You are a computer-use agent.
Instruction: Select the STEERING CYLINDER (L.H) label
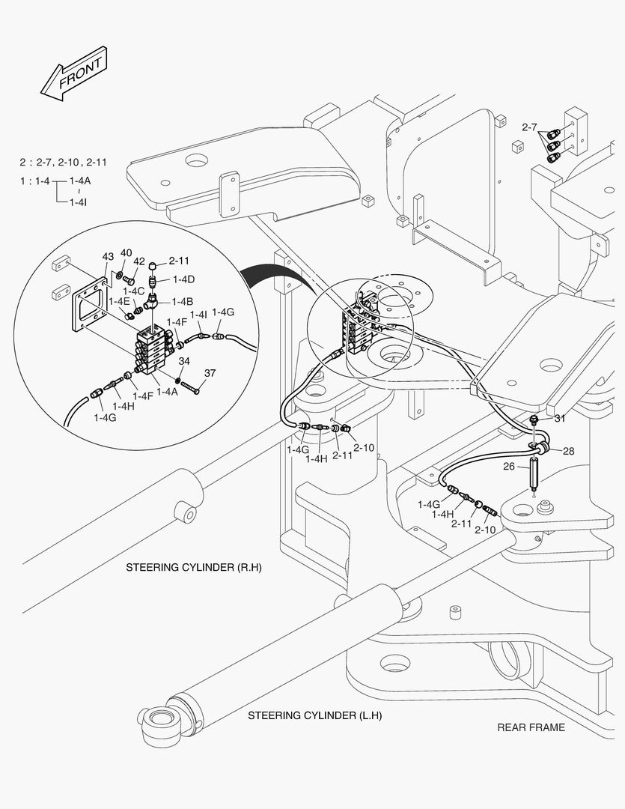pyautogui.click(x=314, y=715)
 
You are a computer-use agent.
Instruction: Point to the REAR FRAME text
pyautogui.click(x=531, y=727)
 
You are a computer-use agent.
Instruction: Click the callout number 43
pyautogui.click(x=108, y=257)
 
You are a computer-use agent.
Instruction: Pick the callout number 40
pyautogui.click(x=126, y=252)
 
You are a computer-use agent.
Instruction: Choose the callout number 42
pyautogui.click(x=139, y=261)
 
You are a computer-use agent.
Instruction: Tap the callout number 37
pyautogui.click(x=210, y=373)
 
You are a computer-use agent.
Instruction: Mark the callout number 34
pyautogui.click(x=183, y=362)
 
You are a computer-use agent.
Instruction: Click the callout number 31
pyautogui.click(x=560, y=418)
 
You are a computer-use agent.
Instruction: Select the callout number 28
pyautogui.click(x=569, y=451)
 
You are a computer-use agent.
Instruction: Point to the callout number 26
pyautogui.click(x=509, y=466)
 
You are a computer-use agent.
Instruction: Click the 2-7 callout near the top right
pyautogui.click(x=529, y=127)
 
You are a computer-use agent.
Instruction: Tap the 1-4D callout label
pyautogui.click(x=183, y=279)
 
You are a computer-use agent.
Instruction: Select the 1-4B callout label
pyautogui.click(x=182, y=301)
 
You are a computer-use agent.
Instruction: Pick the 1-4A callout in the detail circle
pyautogui.click(x=167, y=392)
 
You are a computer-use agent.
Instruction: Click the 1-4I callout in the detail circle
pyautogui.click(x=198, y=315)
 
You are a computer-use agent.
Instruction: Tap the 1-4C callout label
pyautogui.click(x=134, y=291)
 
